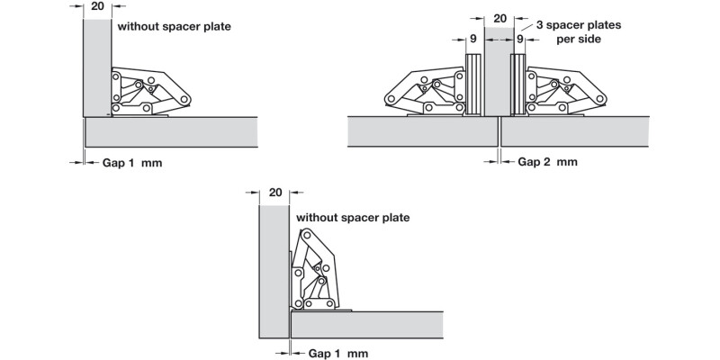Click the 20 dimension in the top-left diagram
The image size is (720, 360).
(x=97, y=6)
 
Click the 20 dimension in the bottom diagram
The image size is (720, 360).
(x=275, y=193)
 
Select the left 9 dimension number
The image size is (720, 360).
(x=473, y=40)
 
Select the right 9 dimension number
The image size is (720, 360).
(x=520, y=40)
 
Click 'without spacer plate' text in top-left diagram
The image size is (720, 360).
(x=174, y=27)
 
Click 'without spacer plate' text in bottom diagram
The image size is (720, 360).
(x=352, y=217)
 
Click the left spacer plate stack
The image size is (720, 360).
(x=473, y=85)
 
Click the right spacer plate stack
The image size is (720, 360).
(x=518, y=85)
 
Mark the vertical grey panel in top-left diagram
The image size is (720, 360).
(x=96, y=67)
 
